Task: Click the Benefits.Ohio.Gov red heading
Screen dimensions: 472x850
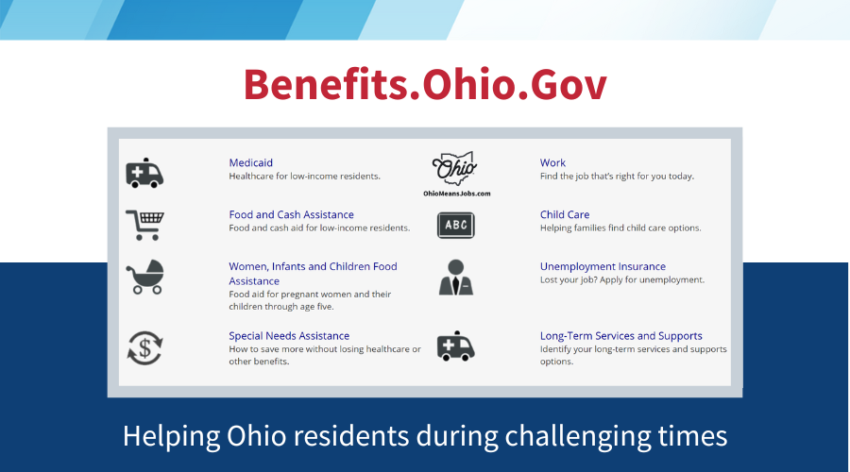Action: point(425,85)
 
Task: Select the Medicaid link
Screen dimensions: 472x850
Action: point(250,162)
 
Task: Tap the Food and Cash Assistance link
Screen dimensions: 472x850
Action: point(291,214)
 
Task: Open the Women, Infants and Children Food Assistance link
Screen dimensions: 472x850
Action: point(312,267)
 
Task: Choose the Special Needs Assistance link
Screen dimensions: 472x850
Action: point(288,336)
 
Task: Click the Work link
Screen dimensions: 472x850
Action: point(552,162)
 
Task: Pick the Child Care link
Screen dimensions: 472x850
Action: point(564,214)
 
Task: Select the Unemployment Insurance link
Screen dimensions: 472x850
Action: point(603,267)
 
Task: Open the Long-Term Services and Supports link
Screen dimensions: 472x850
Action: point(620,336)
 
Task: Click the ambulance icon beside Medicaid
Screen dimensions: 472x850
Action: point(144,174)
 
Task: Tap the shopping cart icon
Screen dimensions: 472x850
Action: point(144,225)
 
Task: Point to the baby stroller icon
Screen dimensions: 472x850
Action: point(144,277)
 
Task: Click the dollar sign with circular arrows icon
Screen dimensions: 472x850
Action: point(144,347)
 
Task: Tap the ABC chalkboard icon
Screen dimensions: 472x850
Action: point(456,225)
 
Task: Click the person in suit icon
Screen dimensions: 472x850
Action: point(456,277)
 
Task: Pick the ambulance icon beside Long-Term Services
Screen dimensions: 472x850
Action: point(456,346)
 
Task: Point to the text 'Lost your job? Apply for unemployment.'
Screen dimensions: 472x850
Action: point(621,280)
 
